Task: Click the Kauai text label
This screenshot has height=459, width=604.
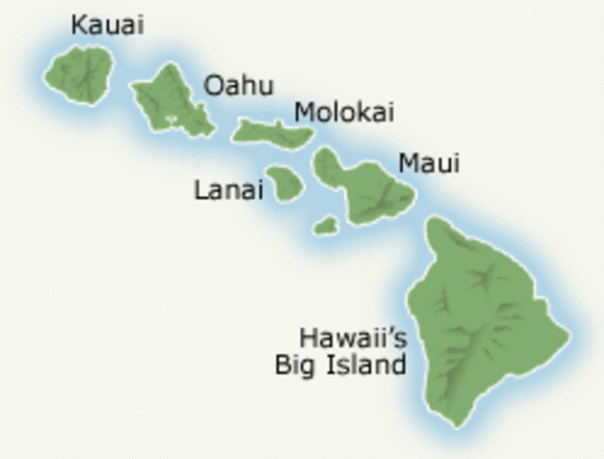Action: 107,25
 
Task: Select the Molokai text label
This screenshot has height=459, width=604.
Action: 344,112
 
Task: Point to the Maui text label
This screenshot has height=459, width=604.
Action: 429,164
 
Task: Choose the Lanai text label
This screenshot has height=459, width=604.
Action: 227,189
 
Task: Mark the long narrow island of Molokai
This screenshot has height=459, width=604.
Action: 273,133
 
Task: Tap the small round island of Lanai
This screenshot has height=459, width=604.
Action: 284,184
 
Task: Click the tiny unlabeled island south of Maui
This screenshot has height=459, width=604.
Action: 326,226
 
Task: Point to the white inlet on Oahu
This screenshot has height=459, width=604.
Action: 172,120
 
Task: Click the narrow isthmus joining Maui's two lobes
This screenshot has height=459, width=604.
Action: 346,183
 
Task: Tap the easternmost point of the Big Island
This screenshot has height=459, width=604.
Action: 570,335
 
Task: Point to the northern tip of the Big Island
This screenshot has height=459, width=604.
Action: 436,222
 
